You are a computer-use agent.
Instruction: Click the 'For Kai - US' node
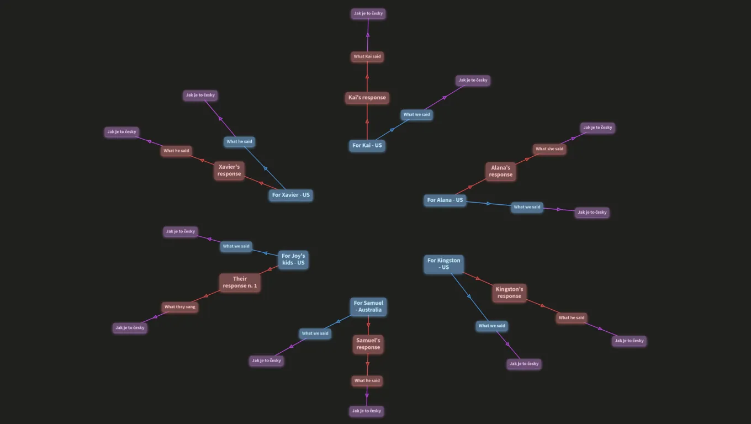[x=367, y=145]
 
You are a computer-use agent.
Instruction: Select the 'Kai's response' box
[x=367, y=98]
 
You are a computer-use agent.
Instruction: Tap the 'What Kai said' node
[x=367, y=56]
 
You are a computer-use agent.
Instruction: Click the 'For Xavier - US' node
[x=290, y=195]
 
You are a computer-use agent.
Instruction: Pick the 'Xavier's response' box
[x=229, y=170]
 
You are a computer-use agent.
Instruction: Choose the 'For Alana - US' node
[x=445, y=200]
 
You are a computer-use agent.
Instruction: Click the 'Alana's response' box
[x=500, y=171]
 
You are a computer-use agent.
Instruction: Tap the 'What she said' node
[x=549, y=149]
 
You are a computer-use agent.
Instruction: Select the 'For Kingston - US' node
[x=444, y=264]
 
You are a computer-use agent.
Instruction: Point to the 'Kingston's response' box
[x=509, y=293]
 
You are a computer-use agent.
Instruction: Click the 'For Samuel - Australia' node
[x=368, y=306]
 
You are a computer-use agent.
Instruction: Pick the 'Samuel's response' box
[x=368, y=344]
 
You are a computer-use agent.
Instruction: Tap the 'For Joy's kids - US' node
[x=293, y=259]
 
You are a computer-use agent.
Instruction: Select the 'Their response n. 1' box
[x=240, y=282]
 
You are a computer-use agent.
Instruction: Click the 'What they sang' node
[x=179, y=307]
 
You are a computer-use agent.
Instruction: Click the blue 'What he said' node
[x=240, y=141]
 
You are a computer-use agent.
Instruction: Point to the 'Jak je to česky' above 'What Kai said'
[x=368, y=13]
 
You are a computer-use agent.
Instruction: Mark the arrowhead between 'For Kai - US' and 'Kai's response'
[x=367, y=121]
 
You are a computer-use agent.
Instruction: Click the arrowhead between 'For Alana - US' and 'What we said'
[x=489, y=204]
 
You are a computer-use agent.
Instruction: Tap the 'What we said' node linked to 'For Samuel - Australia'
[x=315, y=333]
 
